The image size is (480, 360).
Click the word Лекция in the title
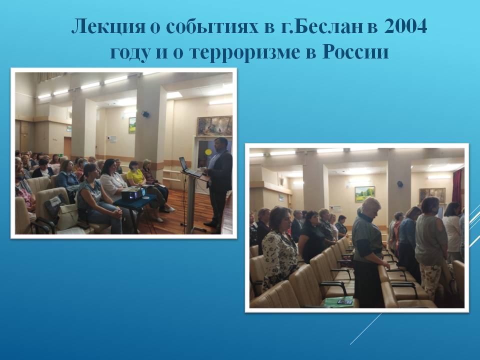[x=108, y=26]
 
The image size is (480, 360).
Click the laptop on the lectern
[x=189, y=167]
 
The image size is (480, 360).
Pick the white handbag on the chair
[x=67, y=216]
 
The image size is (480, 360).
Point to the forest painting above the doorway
[x=214, y=126]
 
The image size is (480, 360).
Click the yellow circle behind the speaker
[x=208, y=152]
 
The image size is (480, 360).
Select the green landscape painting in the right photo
[x=364, y=194]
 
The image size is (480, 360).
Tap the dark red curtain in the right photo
[x=457, y=186]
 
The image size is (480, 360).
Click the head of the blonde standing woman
[x=371, y=206]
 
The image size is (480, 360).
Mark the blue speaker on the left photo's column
[x=145, y=114]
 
